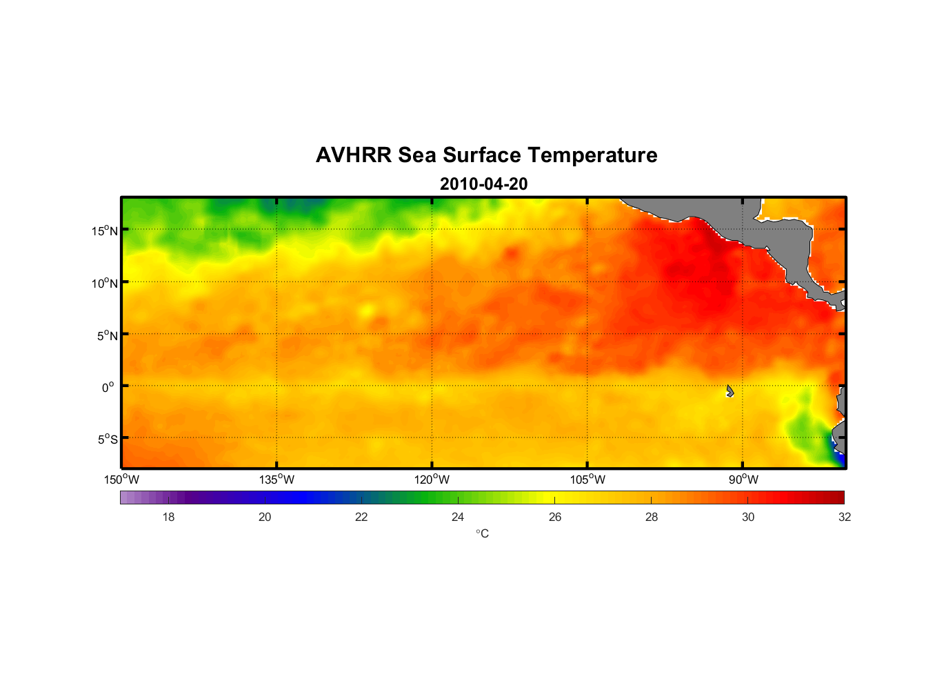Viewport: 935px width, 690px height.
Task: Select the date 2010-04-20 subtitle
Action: pyautogui.click(x=483, y=184)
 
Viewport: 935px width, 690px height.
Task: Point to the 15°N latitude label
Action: pyautogui.click(x=105, y=230)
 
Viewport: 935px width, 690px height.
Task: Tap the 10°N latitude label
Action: pyautogui.click(x=105, y=283)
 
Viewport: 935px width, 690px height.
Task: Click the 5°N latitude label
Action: pyautogui.click(x=108, y=335)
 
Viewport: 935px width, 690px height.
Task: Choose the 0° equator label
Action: pyautogui.click(x=108, y=387)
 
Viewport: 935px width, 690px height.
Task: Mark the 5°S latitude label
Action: pyautogui.click(x=108, y=439)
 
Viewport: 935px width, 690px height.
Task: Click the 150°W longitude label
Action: pyautogui.click(x=121, y=480)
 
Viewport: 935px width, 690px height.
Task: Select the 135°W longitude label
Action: pyautogui.click(x=277, y=480)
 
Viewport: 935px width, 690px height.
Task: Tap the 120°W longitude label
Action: pyautogui.click(x=432, y=480)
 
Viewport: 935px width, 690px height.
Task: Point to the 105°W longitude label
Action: pyautogui.click(x=587, y=480)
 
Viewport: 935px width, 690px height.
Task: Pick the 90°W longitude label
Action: pyautogui.click(x=743, y=480)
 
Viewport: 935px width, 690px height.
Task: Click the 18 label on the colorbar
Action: pyautogui.click(x=168, y=517)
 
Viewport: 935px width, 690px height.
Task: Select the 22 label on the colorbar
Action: pyautogui.click(x=361, y=517)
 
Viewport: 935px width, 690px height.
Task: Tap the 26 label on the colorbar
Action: pyautogui.click(x=555, y=517)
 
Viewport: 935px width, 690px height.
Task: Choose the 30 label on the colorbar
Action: pyautogui.click(x=748, y=517)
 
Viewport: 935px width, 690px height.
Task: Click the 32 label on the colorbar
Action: pyautogui.click(x=845, y=517)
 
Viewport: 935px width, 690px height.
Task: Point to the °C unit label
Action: pyautogui.click(x=482, y=533)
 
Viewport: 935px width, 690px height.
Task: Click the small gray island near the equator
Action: pyautogui.click(x=730, y=391)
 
